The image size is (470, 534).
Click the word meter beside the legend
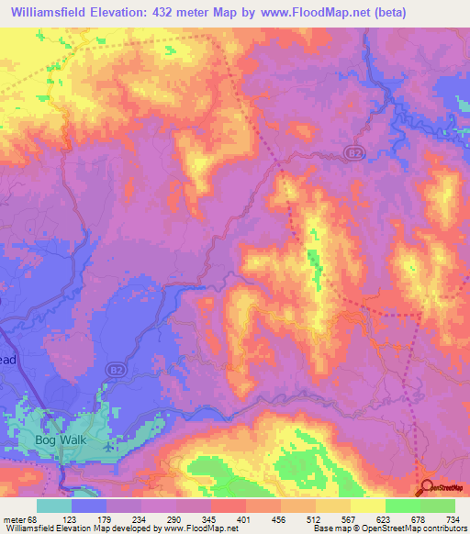pos(16,518)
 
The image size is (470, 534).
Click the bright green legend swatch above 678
pos(402,506)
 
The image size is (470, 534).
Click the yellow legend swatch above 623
pos(367,506)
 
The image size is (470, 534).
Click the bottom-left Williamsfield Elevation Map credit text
pos(119,528)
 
